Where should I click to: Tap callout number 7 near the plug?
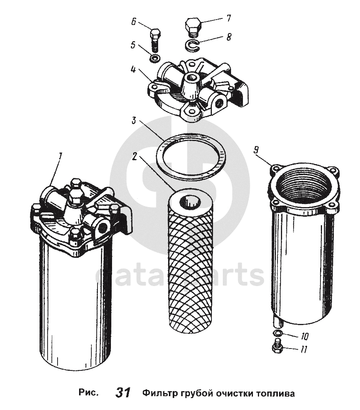228,18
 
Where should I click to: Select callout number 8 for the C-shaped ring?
229,37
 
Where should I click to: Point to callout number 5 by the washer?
133,45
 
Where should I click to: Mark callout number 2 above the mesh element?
135,156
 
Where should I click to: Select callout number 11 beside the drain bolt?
304,349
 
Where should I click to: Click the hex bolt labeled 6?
155,40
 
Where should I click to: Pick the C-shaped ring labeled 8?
193,45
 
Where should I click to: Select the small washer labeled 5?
155,58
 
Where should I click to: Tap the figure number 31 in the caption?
123,393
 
